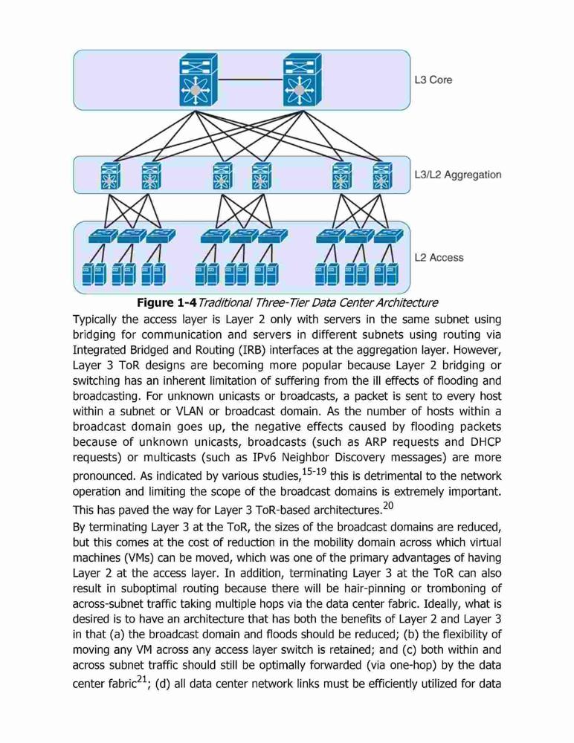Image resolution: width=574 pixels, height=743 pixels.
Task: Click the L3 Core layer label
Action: click(433, 80)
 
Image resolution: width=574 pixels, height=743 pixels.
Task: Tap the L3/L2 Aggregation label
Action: click(458, 175)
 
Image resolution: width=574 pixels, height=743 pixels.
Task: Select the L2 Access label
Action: click(439, 258)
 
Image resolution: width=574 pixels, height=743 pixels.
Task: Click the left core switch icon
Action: click(199, 80)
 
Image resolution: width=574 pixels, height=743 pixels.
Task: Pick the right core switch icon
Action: click(302, 80)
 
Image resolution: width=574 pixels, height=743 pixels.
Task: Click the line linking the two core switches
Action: click(250, 80)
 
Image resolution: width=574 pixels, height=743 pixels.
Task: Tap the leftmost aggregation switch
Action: click(110, 176)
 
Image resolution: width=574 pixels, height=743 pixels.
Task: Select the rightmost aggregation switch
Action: click(382, 176)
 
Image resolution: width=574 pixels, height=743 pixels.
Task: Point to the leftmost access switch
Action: click(103, 236)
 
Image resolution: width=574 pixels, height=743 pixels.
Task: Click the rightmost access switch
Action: click(389, 236)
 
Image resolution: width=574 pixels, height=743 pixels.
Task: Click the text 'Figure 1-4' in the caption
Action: click(167, 303)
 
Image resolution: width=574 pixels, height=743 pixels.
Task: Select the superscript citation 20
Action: click(388, 505)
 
